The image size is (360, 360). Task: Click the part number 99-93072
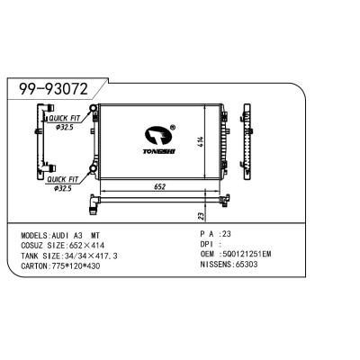(x=54, y=89)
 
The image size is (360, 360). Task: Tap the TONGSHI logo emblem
(x=158, y=137)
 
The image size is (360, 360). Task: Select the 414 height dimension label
(x=201, y=141)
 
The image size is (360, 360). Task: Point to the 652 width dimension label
(x=160, y=186)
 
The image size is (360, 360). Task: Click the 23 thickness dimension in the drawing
(x=201, y=216)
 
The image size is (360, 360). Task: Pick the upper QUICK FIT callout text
(x=65, y=119)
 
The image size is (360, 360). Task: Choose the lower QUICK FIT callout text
(x=63, y=180)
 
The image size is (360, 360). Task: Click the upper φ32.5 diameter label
(x=65, y=127)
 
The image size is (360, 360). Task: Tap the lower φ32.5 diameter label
(x=63, y=189)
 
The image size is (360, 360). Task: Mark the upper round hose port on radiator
(x=93, y=108)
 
